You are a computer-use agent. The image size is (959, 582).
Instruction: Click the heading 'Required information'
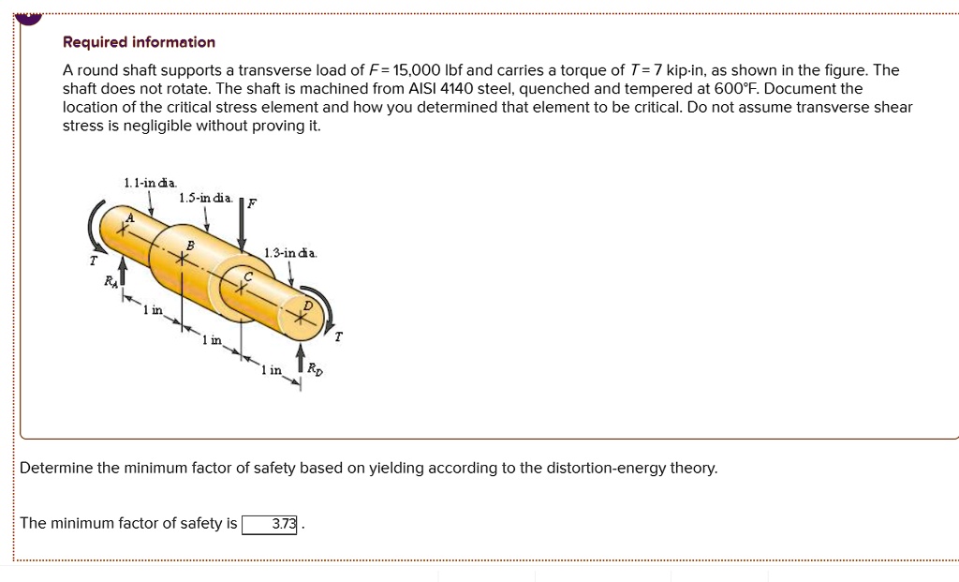coord(139,42)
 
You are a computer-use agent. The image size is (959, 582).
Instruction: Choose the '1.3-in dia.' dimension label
coord(290,253)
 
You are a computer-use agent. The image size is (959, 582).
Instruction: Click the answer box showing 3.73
coord(270,524)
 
